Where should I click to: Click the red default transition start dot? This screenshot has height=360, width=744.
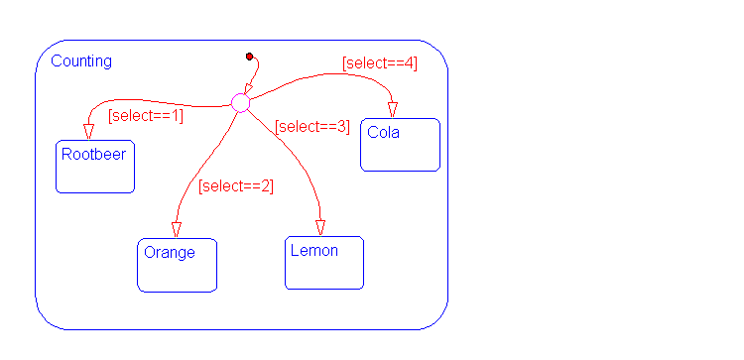click(x=250, y=57)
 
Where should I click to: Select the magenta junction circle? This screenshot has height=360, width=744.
click(x=241, y=103)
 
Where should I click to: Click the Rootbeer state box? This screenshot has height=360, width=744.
click(x=95, y=167)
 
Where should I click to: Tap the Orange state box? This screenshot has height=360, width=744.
click(x=177, y=265)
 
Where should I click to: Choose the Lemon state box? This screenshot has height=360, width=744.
click(x=324, y=262)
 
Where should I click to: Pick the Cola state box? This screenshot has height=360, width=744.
click(x=401, y=145)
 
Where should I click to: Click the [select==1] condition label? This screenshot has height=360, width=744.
click(x=146, y=116)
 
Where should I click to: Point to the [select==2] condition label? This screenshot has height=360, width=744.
click(x=236, y=185)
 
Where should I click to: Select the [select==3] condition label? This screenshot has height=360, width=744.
click(x=312, y=127)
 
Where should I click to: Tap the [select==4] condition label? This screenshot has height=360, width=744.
click(x=380, y=63)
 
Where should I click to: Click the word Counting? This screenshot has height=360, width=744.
click(x=81, y=61)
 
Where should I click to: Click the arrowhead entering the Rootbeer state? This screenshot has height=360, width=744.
click(x=88, y=132)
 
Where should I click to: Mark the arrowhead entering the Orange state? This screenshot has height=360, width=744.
click(x=177, y=230)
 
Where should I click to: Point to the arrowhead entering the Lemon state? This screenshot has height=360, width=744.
click(x=320, y=228)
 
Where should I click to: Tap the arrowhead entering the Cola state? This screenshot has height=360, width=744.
click(x=393, y=110)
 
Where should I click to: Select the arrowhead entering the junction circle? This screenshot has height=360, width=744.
click(x=248, y=88)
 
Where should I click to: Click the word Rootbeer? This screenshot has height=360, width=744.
click(x=94, y=154)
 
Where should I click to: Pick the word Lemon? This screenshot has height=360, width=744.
click(x=314, y=251)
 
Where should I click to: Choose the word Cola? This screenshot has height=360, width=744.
click(x=383, y=133)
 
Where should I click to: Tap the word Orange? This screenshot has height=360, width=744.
click(x=170, y=253)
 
